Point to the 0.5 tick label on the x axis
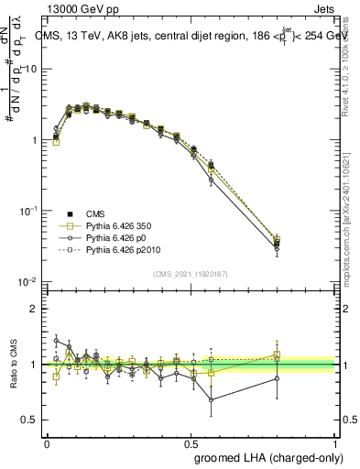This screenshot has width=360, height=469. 190,442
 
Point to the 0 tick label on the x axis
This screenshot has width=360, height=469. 47,442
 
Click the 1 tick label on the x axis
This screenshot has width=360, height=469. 333,442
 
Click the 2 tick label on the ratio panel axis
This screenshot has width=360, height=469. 34,310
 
